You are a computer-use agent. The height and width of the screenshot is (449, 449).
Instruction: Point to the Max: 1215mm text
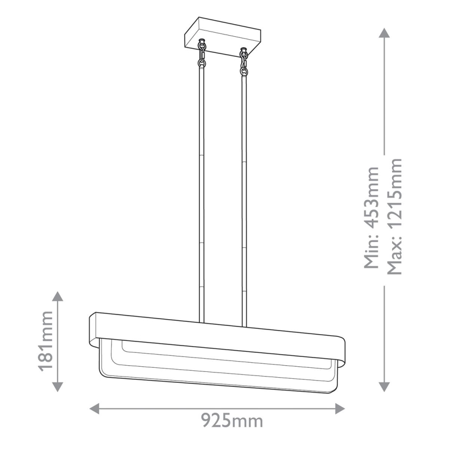coord(394,217)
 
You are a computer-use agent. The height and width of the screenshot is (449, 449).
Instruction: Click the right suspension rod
coord(244,197)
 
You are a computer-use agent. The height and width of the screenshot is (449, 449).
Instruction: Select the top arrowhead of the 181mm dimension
coord(58,296)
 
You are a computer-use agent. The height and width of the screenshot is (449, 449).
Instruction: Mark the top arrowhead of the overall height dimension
coord(383,33)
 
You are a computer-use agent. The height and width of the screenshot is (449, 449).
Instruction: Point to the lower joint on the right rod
coord(244,249)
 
